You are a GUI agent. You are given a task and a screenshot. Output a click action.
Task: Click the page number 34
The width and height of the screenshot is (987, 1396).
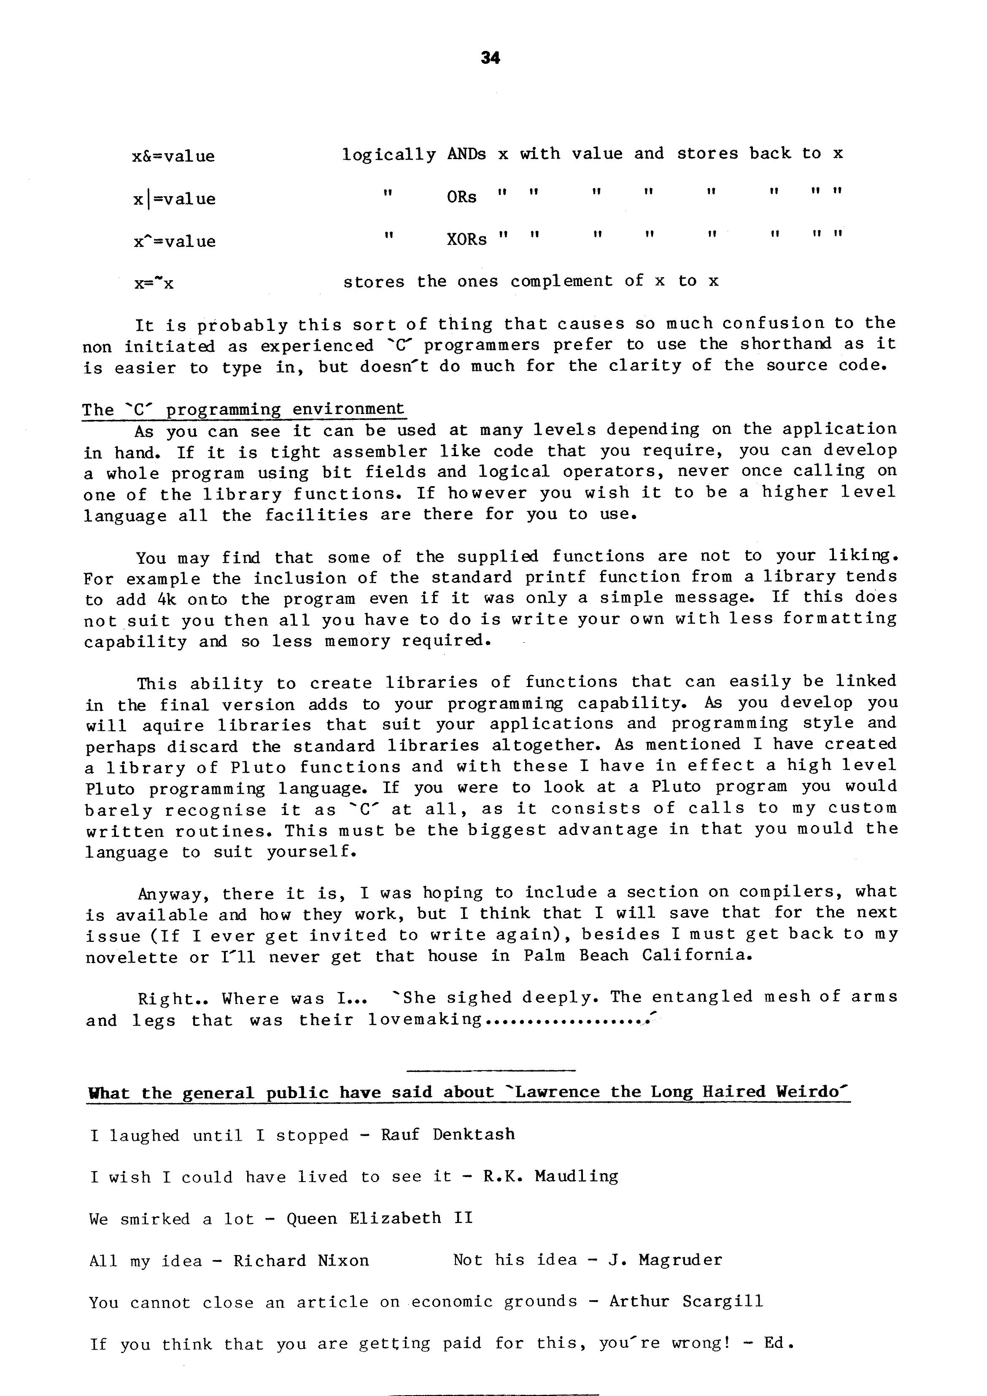(490, 58)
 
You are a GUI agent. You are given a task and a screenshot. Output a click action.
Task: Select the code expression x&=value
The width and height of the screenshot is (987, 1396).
(173, 156)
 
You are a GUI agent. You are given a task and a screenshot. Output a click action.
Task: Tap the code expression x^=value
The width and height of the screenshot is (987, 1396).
(175, 241)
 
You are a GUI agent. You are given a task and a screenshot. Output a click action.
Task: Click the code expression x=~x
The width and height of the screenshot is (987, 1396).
(154, 283)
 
